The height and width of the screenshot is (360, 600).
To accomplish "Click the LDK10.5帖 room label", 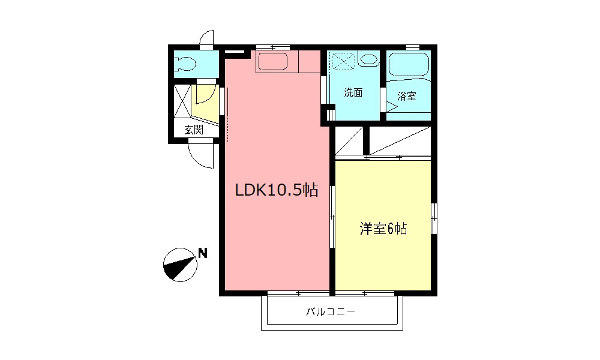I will pos(277,191).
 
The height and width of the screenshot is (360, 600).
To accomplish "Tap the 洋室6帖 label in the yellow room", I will pos(383,229).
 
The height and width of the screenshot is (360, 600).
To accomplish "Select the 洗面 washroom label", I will pos(353,93).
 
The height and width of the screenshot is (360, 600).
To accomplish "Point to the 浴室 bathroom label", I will pos(407,96).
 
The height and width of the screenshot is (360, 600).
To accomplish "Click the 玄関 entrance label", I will pos(193,129).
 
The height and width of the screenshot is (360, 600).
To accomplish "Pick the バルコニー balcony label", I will pos(331,311).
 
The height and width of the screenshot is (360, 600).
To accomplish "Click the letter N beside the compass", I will pos(203,253).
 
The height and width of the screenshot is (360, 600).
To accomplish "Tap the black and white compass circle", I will pos(180,265).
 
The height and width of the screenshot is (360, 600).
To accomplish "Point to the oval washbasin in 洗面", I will pos(368,60).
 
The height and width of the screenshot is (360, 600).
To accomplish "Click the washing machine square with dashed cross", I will pos(344,61).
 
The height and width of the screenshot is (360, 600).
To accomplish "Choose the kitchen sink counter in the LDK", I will pos(274,62).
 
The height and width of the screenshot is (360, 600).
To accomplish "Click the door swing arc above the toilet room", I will pos(207,37).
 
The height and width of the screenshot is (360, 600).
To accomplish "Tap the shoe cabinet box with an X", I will pos(182,102).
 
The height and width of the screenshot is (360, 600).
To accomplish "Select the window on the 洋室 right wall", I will pos(434,218).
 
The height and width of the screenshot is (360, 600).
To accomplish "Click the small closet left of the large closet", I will pos(349,142).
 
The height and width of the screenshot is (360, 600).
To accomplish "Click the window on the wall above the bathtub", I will pos(412,47).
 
